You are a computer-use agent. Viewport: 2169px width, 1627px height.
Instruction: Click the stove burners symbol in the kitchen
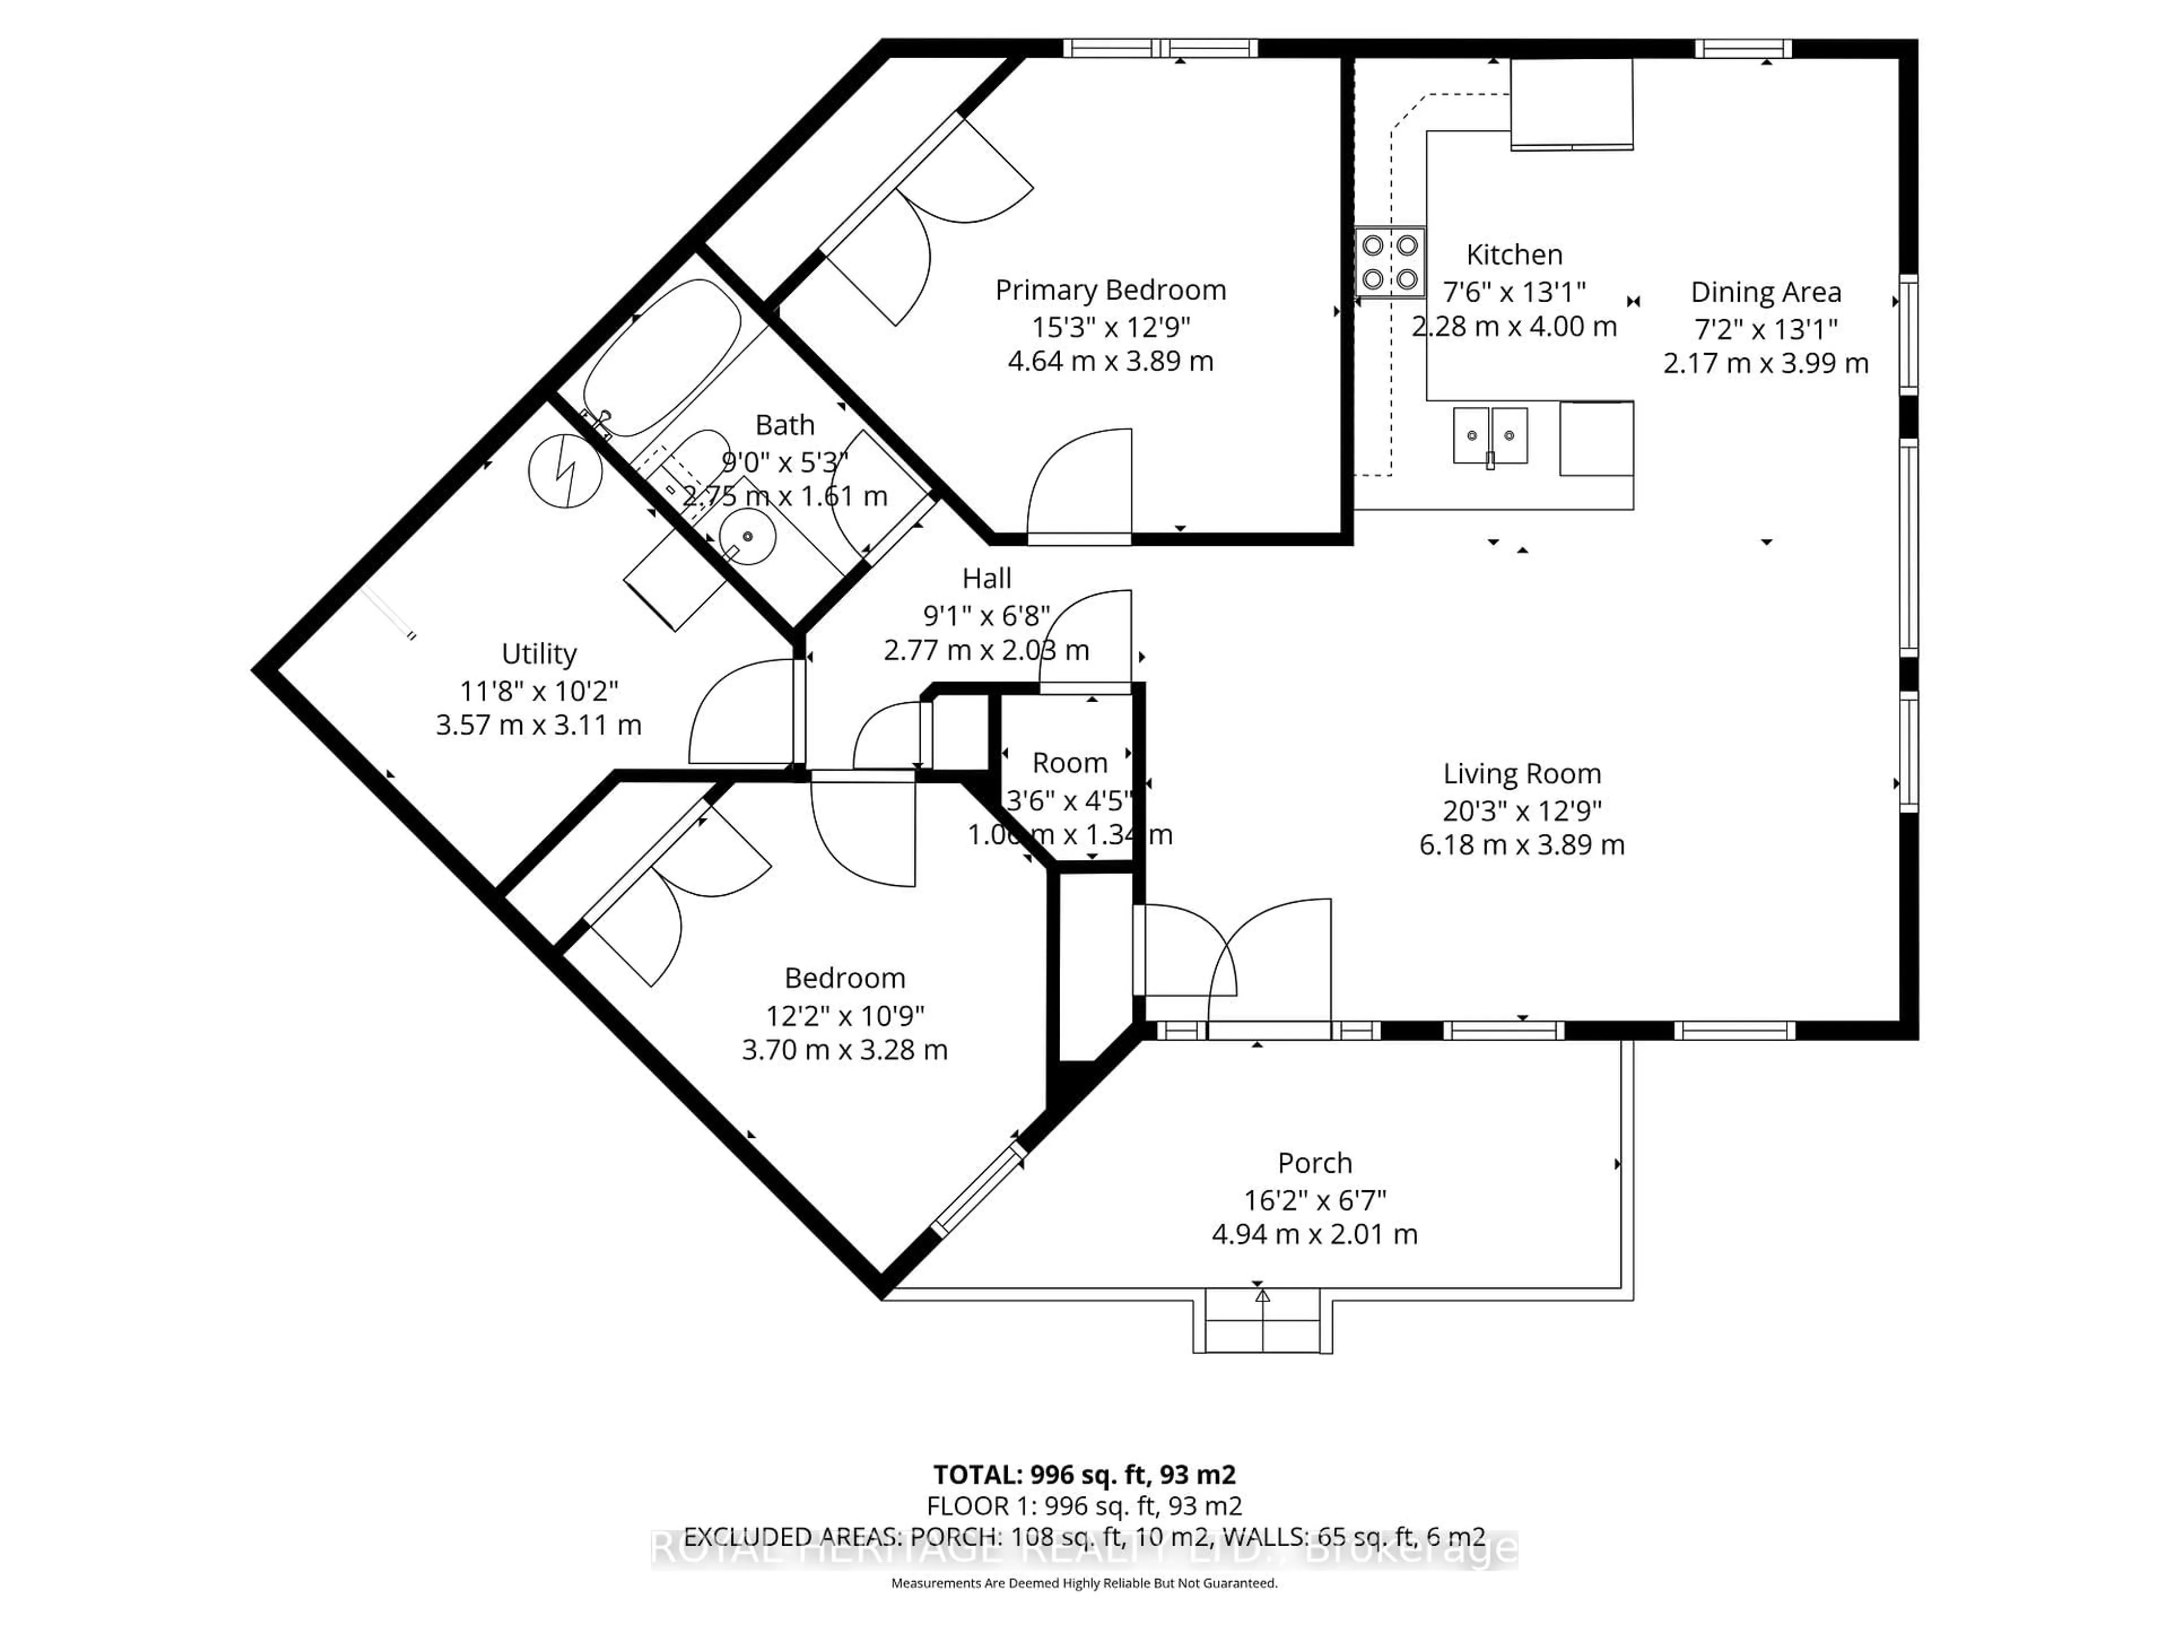(x=1390, y=262)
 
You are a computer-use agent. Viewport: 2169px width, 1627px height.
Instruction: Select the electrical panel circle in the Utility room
(x=565, y=471)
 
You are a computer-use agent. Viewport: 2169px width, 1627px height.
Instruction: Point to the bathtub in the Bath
(x=664, y=358)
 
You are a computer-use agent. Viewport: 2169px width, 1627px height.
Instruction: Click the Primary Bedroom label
(x=1110, y=290)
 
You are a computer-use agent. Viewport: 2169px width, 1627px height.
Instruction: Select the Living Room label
(x=1521, y=774)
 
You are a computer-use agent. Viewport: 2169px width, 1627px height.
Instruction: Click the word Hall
(x=986, y=578)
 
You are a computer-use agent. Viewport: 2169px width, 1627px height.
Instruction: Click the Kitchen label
(x=1513, y=255)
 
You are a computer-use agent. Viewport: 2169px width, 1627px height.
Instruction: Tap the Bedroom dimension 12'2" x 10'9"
(x=844, y=1014)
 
